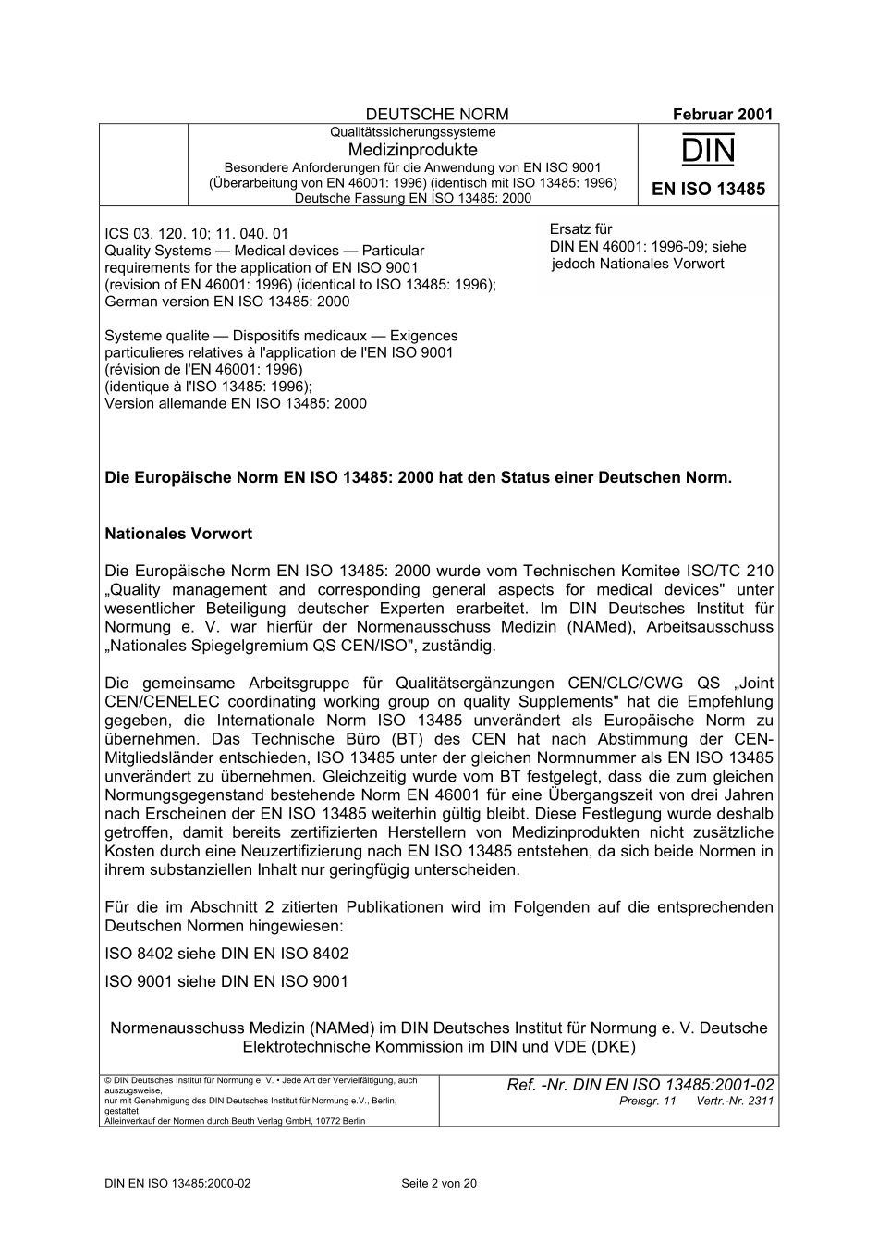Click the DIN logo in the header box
(x=708, y=151)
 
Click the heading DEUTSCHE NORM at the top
(x=437, y=115)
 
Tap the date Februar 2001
(x=722, y=115)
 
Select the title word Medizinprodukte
(x=413, y=150)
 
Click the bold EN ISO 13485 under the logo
(x=708, y=190)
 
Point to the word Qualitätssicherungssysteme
(x=413, y=132)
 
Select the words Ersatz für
(x=580, y=229)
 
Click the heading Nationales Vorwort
(x=178, y=534)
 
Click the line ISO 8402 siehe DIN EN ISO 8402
(x=226, y=954)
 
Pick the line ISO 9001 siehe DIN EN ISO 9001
(x=226, y=981)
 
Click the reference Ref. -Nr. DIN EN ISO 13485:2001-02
(x=640, y=1085)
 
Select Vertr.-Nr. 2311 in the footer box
(x=735, y=1102)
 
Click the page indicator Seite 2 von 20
(x=439, y=1183)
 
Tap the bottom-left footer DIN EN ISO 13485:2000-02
(x=177, y=1183)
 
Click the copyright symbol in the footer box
(x=108, y=1080)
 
